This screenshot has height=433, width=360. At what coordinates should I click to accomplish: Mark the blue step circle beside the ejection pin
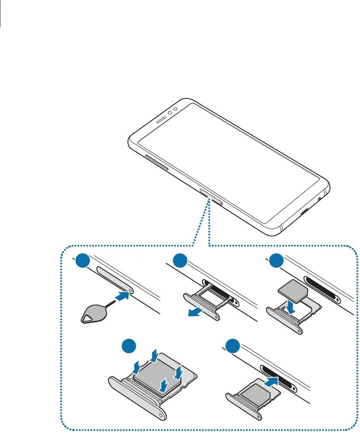[82, 262]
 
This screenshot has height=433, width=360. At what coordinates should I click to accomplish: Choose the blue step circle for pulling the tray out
[181, 262]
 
